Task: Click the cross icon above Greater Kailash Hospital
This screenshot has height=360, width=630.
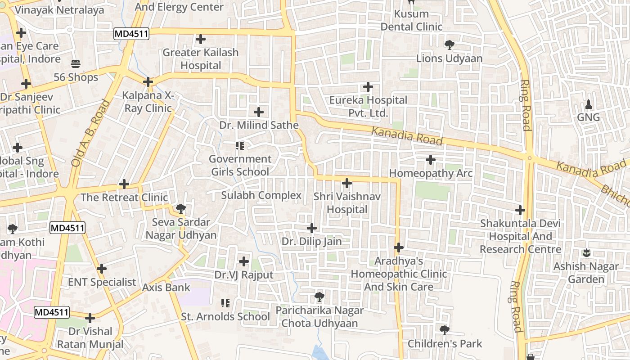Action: point(201,40)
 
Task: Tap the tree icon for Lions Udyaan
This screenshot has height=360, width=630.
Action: point(449,45)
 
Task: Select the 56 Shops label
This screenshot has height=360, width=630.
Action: point(76,77)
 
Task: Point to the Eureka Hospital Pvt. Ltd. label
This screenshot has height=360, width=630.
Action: point(368,107)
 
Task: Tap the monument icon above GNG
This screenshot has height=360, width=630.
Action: point(589,105)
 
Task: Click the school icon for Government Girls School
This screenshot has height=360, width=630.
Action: point(240,146)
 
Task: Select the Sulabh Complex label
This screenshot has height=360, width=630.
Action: point(261,195)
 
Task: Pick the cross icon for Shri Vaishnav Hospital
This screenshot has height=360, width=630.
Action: point(347,183)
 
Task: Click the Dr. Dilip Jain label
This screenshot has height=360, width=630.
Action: point(311,242)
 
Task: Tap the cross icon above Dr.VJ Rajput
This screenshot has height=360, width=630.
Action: point(244,261)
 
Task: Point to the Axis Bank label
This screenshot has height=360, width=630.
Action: point(166,287)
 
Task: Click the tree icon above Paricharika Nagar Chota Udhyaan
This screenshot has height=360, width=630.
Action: point(319,297)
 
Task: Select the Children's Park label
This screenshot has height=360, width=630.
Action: point(445,344)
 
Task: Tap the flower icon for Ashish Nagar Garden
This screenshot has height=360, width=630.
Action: point(586,253)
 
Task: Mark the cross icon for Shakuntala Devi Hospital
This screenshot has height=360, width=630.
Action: point(521,210)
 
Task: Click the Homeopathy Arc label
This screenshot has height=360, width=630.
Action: point(431,173)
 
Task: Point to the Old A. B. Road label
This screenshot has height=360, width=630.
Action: point(90,133)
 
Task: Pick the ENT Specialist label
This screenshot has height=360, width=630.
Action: point(102,282)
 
